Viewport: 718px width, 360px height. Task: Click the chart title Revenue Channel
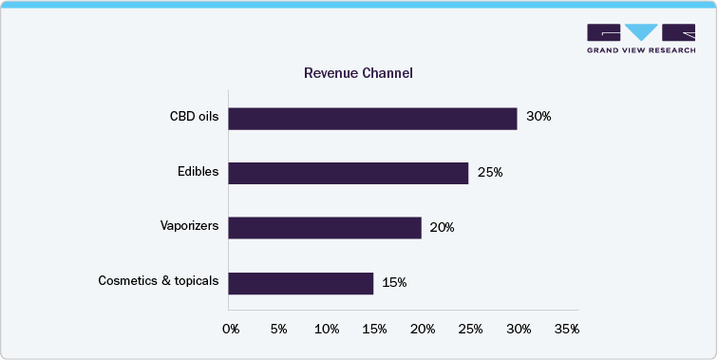tap(358, 73)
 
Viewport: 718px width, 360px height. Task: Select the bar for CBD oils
tap(372, 118)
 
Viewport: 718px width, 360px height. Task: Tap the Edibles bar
tap(349, 173)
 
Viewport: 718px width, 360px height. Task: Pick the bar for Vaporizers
tap(325, 228)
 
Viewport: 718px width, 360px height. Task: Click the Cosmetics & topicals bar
tap(301, 283)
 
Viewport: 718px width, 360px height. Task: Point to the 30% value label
tap(538, 118)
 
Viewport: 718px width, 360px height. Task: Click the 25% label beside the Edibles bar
tap(490, 173)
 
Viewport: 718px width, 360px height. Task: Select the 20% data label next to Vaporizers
tap(443, 228)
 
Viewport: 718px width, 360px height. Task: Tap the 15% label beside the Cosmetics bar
tap(394, 283)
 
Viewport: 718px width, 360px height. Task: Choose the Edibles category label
tap(198, 173)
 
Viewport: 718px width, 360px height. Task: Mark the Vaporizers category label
tap(189, 228)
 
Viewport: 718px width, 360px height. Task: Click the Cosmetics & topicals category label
tap(159, 282)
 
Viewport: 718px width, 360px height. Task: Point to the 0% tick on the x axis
tap(231, 329)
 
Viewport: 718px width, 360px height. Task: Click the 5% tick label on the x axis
tap(279, 329)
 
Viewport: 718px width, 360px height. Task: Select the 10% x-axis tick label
tap(327, 329)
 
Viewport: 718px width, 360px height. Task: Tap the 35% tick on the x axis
tap(566, 329)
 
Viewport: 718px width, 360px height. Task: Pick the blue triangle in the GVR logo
tap(633, 31)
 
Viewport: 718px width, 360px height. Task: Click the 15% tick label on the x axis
tap(374, 329)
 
